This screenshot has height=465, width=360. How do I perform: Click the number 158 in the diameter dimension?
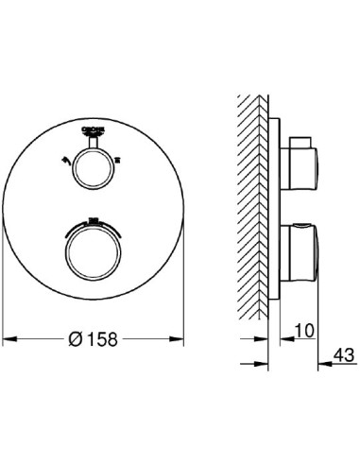106,337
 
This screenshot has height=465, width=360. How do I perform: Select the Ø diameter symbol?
79,337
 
